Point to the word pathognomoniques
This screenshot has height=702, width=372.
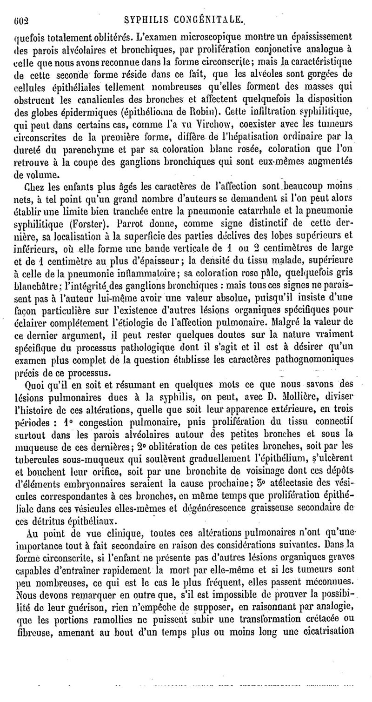[x=328, y=360]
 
